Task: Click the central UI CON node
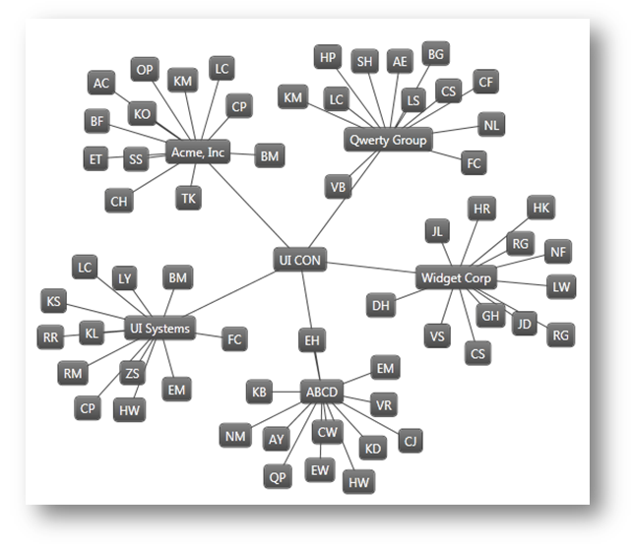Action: [x=299, y=261]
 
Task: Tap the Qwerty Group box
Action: [x=388, y=141]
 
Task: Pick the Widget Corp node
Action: [x=456, y=278]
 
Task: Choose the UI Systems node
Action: [x=158, y=328]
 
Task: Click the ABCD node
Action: [x=321, y=393]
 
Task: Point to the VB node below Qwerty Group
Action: [x=338, y=186]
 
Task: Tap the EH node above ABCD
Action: [x=312, y=341]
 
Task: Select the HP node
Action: [x=328, y=57]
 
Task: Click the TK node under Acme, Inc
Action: [x=189, y=198]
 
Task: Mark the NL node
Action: [x=492, y=125]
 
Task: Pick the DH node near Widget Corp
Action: [x=381, y=306]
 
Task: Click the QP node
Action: [x=278, y=477]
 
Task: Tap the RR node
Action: [x=51, y=338]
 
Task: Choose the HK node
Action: [x=540, y=208]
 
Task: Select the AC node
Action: [x=101, y=84]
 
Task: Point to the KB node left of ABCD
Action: [x=260, y=393]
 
